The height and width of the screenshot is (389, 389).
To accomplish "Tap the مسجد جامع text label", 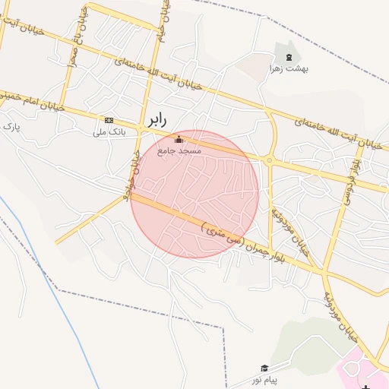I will click(x=179, y=151).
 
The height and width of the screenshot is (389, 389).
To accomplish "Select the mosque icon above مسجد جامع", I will click(x=179, y=139).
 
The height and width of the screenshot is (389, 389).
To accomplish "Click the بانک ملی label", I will click(x=108, y=132).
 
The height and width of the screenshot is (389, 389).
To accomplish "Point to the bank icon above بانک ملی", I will click(x=109, y=120).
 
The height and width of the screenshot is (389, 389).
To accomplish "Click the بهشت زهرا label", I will click(x=287, y=68).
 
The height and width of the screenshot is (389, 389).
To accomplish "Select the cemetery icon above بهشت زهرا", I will click(x=288, y=57).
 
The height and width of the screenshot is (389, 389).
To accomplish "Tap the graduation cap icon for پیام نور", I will click(x=264, y=368).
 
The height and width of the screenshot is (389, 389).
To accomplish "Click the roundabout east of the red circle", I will click(x=269, y=160).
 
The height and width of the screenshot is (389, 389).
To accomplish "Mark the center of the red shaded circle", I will click(x=194, y=194).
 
